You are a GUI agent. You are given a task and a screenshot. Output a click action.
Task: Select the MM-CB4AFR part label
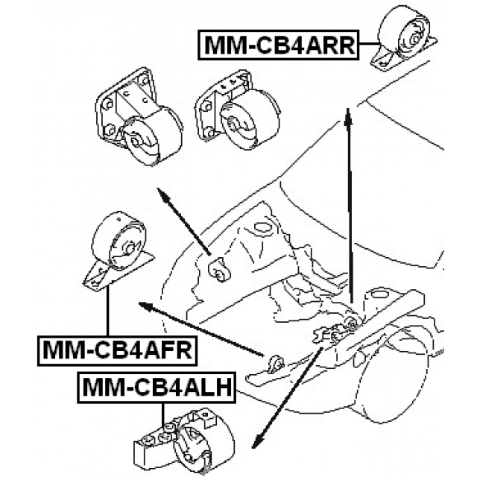pyautogui.click(x=116, y=348)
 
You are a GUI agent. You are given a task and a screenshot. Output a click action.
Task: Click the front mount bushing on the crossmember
pyautogui.click(x=274, y=364)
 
